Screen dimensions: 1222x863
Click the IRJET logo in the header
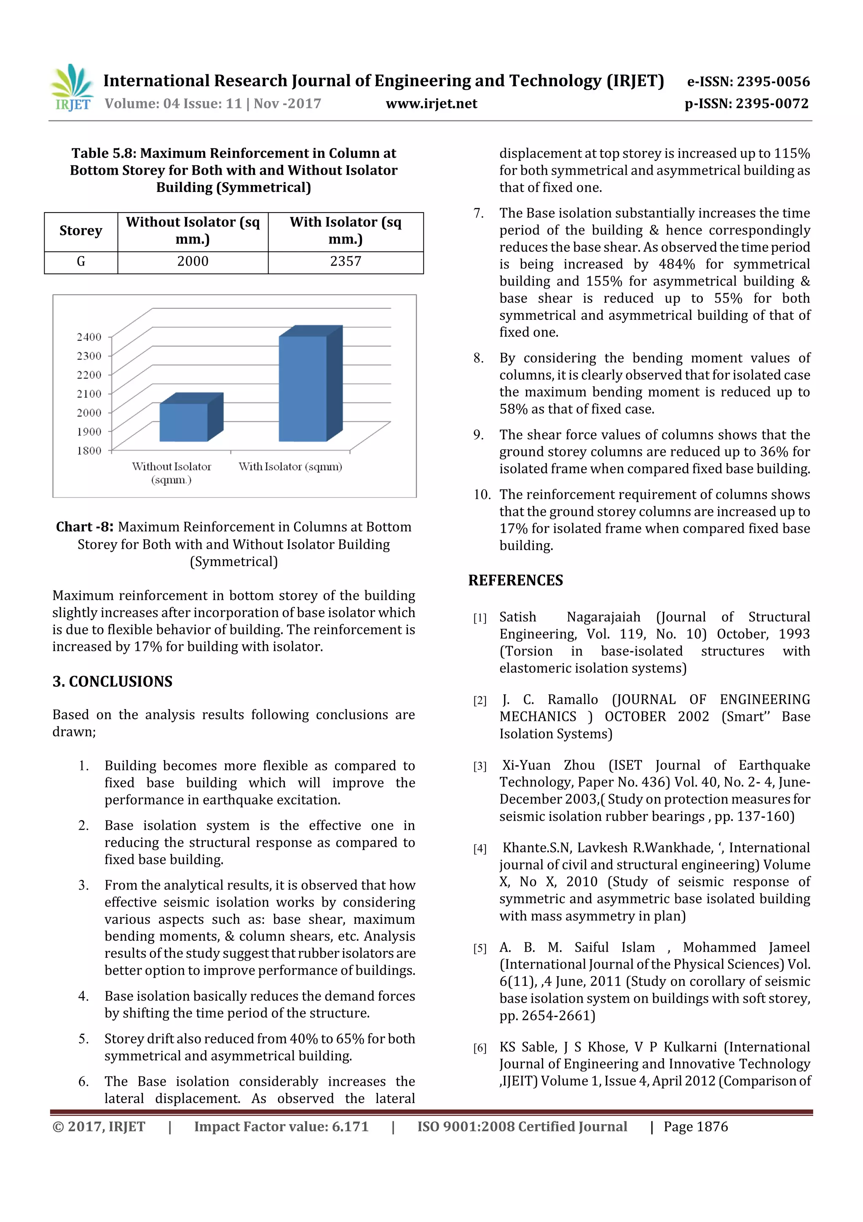[x=72, y=87]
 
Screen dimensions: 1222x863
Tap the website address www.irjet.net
[x=431, y=103]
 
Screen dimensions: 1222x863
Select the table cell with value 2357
[x=346, y=262]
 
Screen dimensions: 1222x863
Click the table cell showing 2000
[x=193, y=262]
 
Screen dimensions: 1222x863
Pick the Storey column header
[x=81, y=231]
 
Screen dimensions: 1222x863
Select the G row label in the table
[x=81, y=262]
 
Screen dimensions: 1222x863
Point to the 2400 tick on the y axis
[x=89, y=337]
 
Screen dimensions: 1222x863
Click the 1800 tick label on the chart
[x=89, y=451]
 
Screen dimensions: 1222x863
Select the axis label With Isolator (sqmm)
[x=290, y=467]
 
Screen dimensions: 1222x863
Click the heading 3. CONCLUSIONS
[x=112, y=681]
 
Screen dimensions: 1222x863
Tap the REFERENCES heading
[x=515, y=580]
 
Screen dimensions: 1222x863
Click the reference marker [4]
[x=480, y=848]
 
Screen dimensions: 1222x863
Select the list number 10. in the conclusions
[x=482, y=494]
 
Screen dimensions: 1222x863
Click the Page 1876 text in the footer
[x=696, y=1126]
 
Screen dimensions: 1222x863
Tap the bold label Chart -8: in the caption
[x=85, y=527]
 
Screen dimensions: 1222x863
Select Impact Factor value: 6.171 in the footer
[x=281, y=1126]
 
